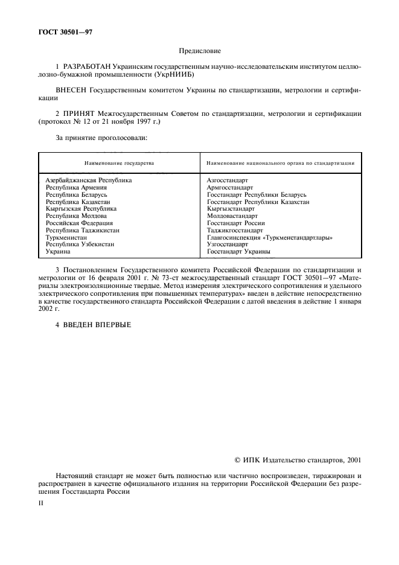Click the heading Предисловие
pos(200,52)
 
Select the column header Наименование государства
pos(118,163)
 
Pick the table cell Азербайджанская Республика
pos(89,180)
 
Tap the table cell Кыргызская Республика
pos(81,208)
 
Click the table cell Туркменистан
pos(68,237)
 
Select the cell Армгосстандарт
pos(229,187)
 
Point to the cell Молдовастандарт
pos(232,215)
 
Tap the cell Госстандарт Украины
pos(238,252)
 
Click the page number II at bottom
pos(41,500)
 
